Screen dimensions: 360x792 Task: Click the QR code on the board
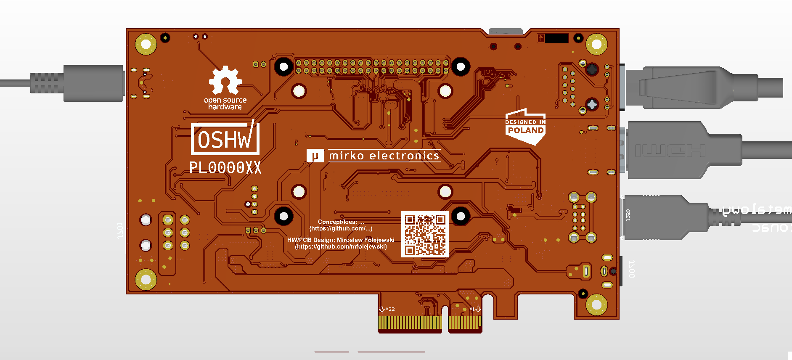pos(425,234)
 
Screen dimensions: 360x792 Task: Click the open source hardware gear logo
pos(225,80)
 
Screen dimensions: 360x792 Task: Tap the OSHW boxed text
pos(225,139)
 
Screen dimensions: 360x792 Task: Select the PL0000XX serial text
pos(225,168)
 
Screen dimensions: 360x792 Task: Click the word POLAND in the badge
pos(526,130)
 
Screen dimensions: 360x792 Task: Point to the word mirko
pos(346,156)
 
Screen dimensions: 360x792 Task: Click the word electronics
pos(404,156)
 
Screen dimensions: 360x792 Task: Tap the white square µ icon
pos(315,156)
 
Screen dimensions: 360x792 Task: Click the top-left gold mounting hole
pos(146,44)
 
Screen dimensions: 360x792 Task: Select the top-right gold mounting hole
pos(596,44)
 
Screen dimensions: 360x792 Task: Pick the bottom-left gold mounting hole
pos(146,279)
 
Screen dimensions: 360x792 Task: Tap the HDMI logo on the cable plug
pos(670,151)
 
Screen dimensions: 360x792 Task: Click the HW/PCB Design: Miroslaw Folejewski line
pos(341,240)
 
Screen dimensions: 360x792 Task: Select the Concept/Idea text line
pos(341,222)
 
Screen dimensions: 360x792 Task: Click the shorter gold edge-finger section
pos(464,323)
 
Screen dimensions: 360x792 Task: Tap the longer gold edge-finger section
pos(410,323)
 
